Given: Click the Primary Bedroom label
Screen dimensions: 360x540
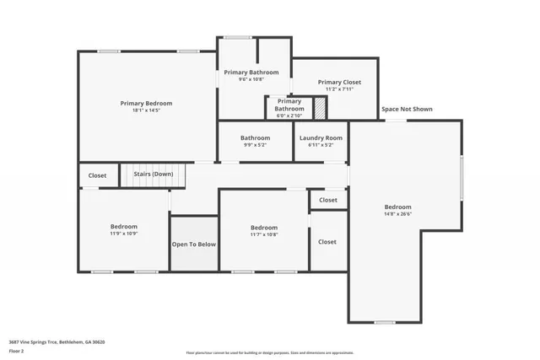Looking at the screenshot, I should [146, 102].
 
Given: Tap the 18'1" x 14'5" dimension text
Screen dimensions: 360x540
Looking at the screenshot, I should [146, 110].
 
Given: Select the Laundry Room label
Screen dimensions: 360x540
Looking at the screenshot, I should [321, 137].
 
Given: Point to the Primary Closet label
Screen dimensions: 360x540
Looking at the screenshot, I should [339, 82].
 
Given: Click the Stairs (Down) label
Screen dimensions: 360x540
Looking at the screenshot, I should [154, 175].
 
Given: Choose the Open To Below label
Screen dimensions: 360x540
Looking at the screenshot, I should [194, 244].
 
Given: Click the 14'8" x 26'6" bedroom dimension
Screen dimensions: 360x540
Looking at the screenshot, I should [398, 215].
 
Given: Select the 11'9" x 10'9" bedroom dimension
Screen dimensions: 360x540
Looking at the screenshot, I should [124, 234].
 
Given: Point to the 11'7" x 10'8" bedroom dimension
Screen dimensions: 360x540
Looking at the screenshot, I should [263, 235].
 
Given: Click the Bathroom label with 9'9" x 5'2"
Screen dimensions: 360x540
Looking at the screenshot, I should [255, 137].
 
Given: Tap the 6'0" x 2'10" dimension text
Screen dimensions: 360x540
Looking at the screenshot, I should [289, 116].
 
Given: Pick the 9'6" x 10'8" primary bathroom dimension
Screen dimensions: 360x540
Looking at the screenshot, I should [251, 81].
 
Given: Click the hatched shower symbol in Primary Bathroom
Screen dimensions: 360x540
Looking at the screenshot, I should [320, 108].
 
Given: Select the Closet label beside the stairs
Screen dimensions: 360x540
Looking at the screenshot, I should [98, 175].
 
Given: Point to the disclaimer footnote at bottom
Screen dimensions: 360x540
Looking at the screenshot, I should [269, 353].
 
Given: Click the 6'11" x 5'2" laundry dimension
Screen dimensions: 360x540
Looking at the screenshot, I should [321, 145].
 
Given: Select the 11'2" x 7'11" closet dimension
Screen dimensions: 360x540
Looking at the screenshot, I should [339, 90].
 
